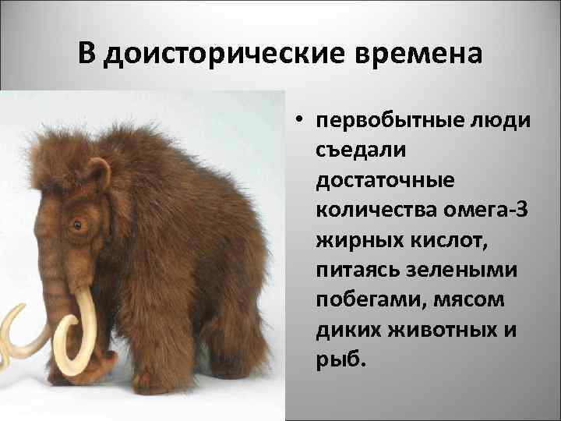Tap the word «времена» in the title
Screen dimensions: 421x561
(x=418, y=54)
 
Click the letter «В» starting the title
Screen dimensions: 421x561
(x=87, y=54)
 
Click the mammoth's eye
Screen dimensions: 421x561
(x=76, y=225)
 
